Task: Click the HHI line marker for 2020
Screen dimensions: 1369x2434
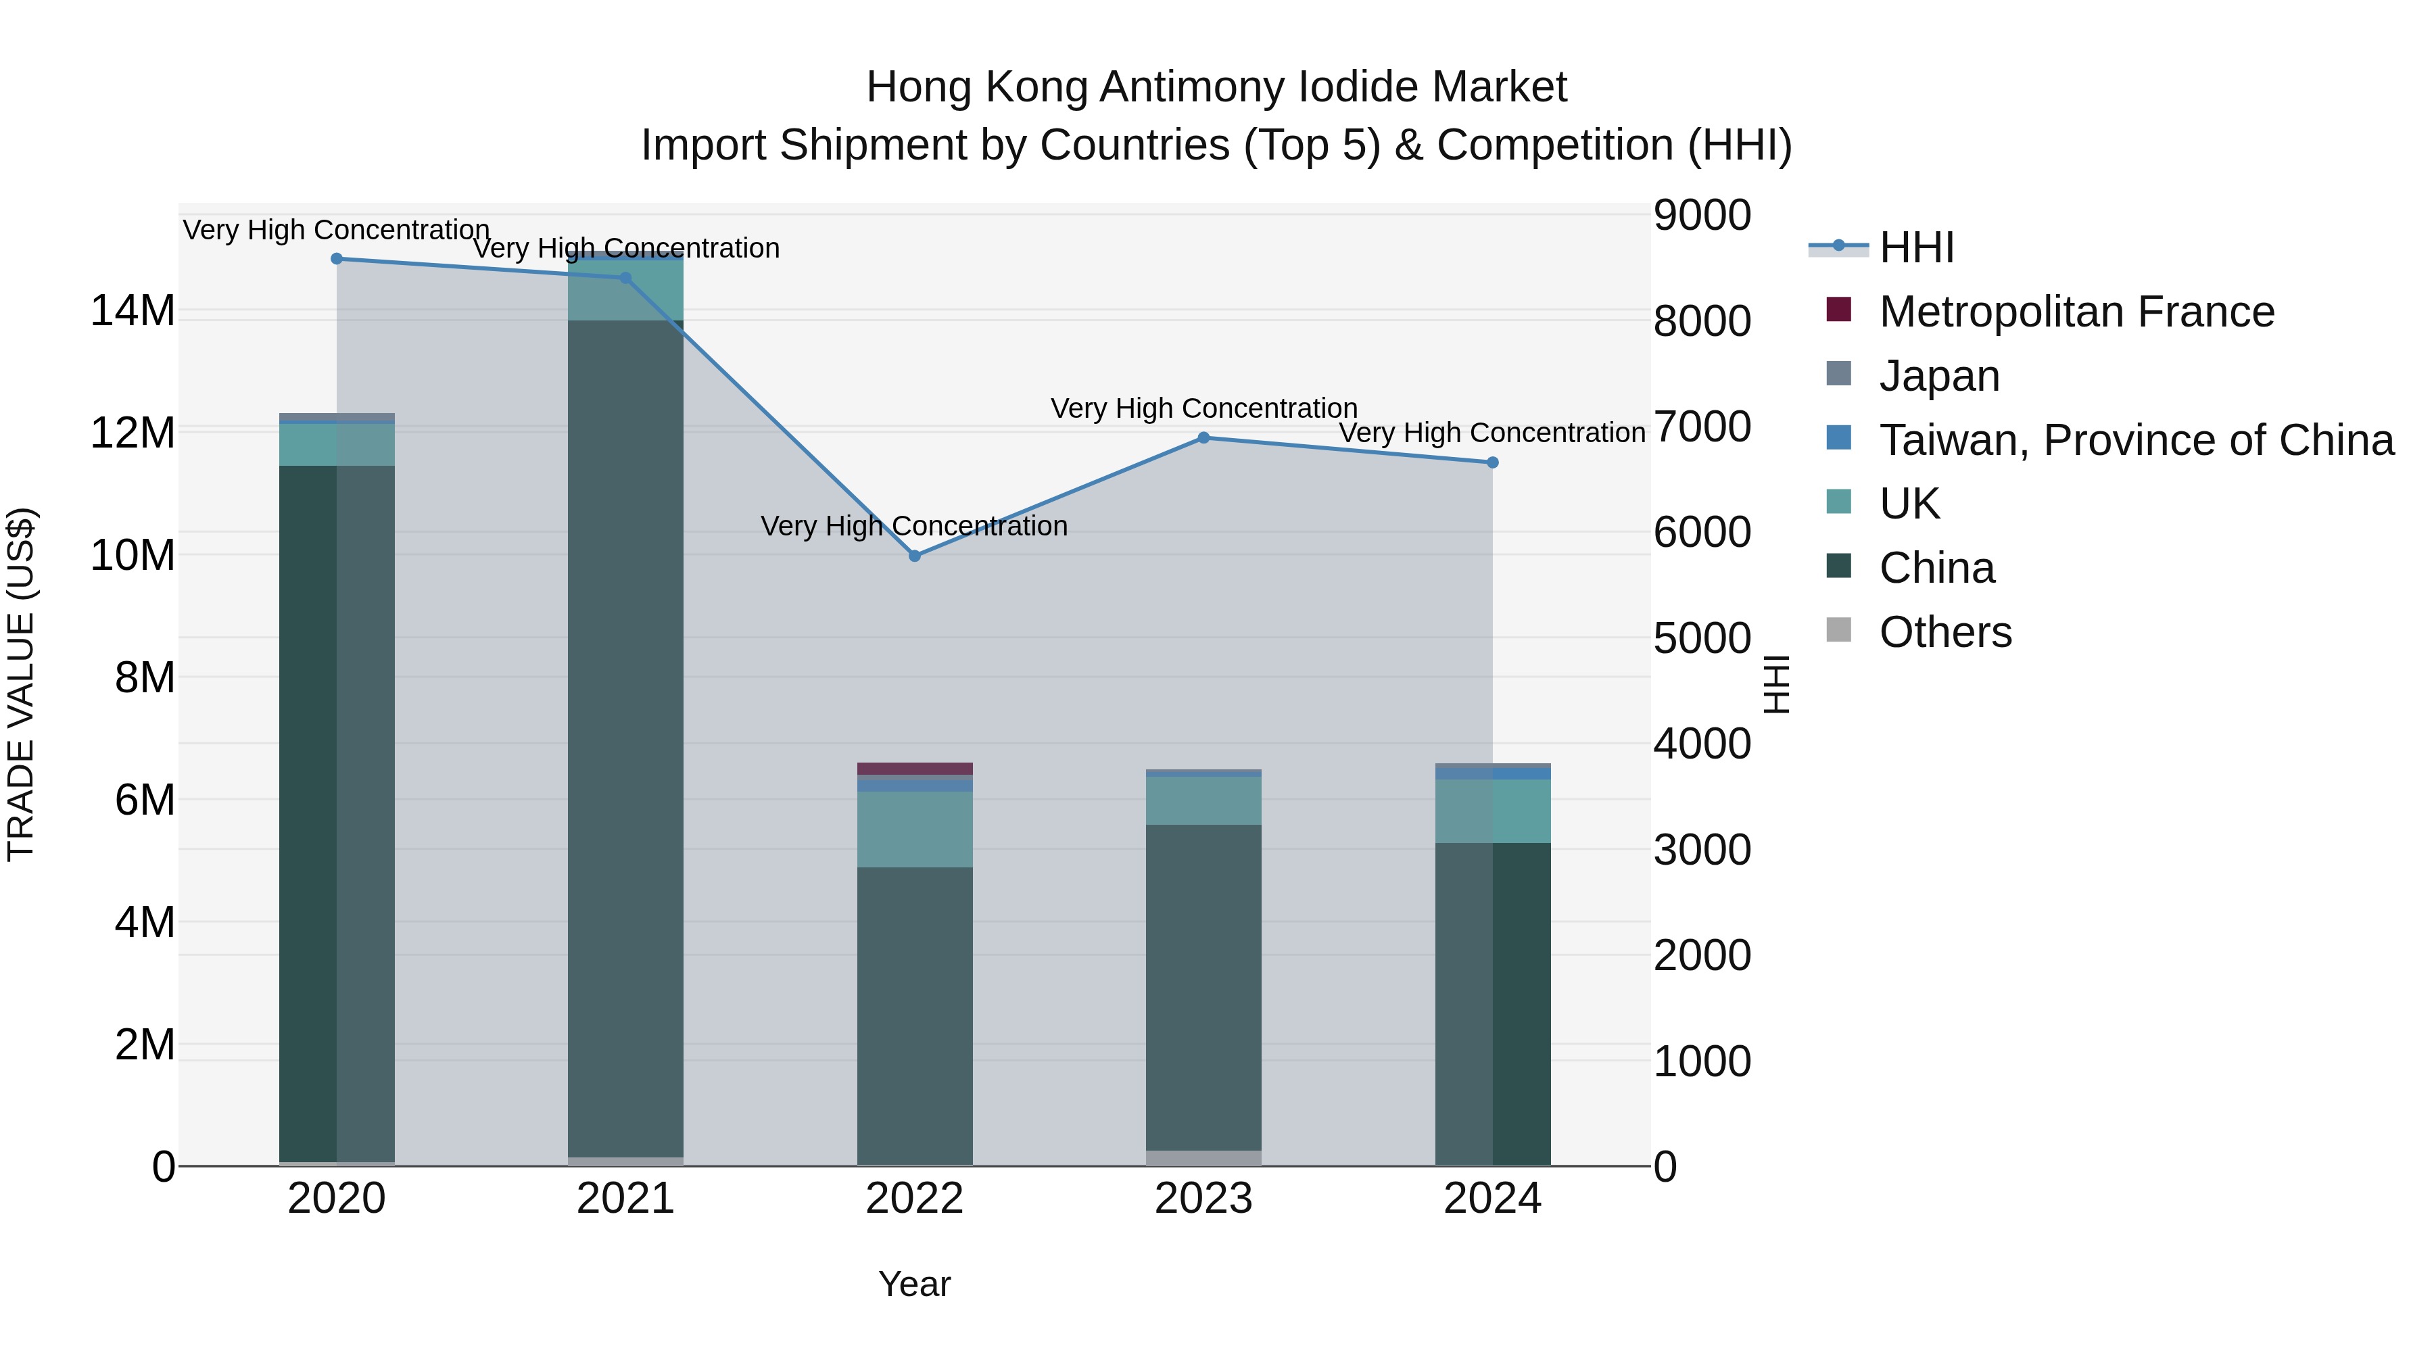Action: [x=337, y=259]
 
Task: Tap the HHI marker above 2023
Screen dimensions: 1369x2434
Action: [x=1203, y=438]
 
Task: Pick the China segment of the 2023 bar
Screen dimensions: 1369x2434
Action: [x=1203, y=987]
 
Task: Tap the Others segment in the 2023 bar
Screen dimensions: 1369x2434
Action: [x=1203, y=1158]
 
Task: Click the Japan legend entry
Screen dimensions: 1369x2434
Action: [x=1939, y=376]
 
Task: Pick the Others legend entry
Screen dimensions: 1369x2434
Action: [x=1945, y=632]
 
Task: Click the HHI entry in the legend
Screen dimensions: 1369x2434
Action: [x=1916, y=247]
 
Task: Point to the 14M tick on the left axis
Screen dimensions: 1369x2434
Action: [x=133, y=311]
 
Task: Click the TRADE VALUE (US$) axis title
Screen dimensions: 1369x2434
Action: [x=21, y=684]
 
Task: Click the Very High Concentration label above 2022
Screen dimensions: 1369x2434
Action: [x=913, y=526]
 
